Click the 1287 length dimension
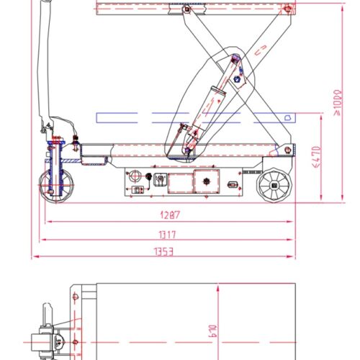tap(167, 215)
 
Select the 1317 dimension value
tap(167, 234)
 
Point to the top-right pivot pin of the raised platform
tap(288, 9)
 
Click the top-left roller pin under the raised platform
tap(186, 10)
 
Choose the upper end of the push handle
tap(48, 6)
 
